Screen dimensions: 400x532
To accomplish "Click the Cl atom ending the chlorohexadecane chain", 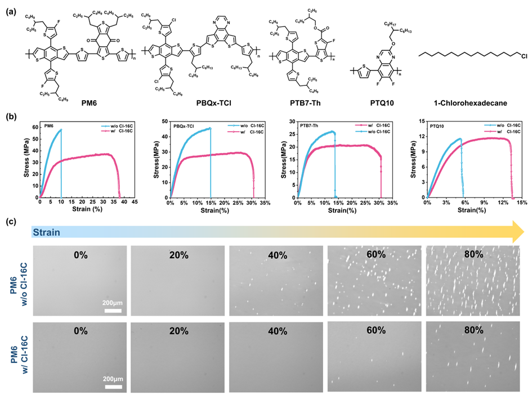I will click(521, 54).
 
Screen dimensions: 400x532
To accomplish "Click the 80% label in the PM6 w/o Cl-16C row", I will click(474, 254).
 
